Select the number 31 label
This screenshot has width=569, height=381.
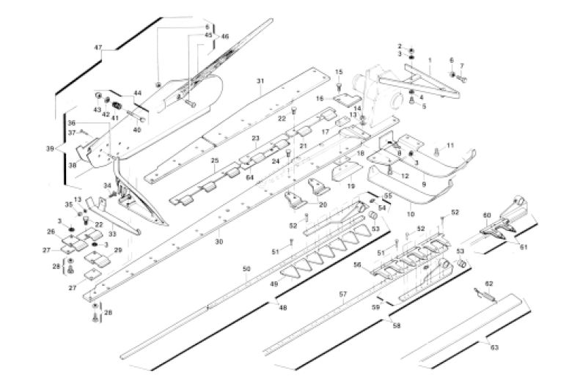(x=260, y=80)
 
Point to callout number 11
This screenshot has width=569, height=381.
(x=451, y=144)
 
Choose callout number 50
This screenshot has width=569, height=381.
(x=246, y=270)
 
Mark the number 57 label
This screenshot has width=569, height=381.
(x=342, y=294)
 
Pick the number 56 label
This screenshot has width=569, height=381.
(x=357, y=265)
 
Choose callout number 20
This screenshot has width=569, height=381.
(x=323, y=204)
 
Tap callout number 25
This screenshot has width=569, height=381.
(x=214, y=160)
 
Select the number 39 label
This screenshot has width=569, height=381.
(x=50, y=149)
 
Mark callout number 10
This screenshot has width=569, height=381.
(x=409, y=214)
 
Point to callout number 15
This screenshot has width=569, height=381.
(x=339, y=71)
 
